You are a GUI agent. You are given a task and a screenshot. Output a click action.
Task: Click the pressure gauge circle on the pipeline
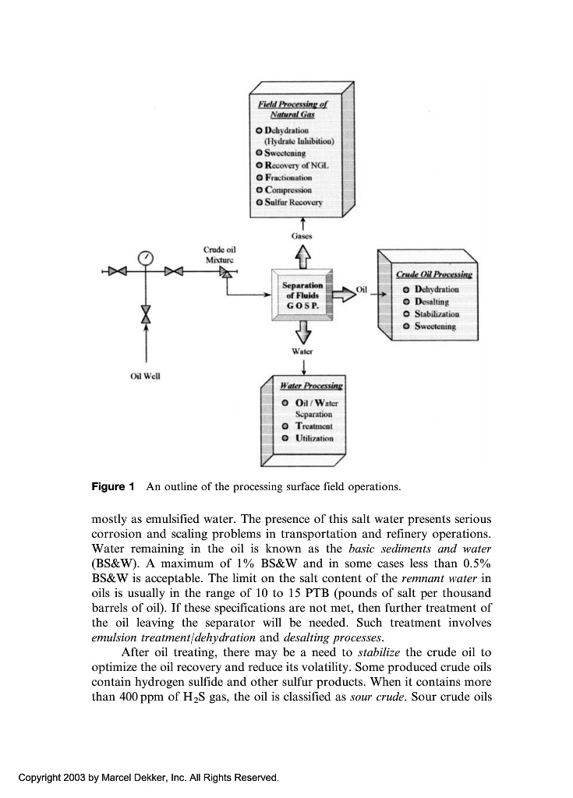(x=146, y=256)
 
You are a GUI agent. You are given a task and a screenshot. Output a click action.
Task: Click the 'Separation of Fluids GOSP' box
(x=301, y=295)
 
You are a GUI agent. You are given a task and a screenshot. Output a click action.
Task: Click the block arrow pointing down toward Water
(x=302, y=334)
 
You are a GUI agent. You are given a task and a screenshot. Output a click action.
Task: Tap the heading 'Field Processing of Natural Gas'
(x=294, y=108)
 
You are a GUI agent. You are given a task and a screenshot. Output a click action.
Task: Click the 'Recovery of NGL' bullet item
(x=294, y=166)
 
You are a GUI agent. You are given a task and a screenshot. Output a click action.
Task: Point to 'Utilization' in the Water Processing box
(x=314, y=438)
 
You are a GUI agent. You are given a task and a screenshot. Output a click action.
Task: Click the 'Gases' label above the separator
(x=302, y=233)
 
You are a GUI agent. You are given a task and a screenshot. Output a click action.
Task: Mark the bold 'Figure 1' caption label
(x=113, y=487)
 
